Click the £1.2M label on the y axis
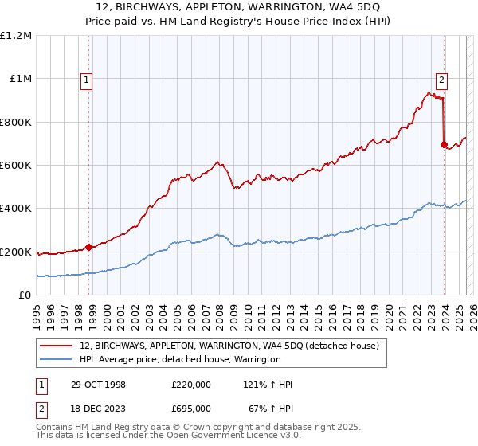[16, 35]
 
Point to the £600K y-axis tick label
[16, 165]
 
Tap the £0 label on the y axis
[24, 295]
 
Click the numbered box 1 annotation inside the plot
[85, 79]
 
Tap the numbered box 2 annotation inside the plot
[441, 79]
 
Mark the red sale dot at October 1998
[89, 247]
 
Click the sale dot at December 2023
[444, 144]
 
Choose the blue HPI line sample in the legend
[57, 359]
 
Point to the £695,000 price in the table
[191, 408]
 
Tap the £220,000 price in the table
[191, 385]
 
